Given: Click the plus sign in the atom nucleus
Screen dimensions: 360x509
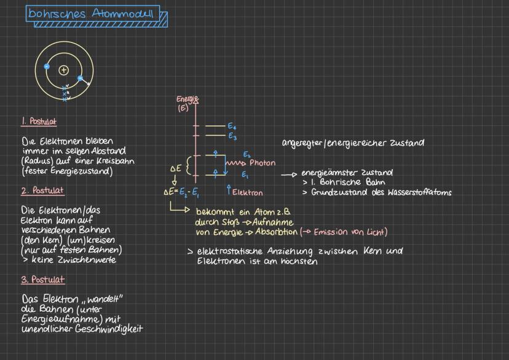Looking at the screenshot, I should coord(63,70).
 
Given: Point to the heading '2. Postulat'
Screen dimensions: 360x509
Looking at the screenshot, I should coord(42,190).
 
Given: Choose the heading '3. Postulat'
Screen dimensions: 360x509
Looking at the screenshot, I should coord(42,280).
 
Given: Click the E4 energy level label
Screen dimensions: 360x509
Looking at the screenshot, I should coord(232,126).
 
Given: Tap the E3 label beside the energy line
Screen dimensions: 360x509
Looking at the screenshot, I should coord(232,136).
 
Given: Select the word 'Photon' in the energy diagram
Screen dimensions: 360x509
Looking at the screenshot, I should coord(262,163).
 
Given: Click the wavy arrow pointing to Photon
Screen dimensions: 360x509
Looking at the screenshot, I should coord(236,163).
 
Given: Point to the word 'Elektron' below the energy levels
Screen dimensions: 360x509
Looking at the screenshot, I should coord(248,192).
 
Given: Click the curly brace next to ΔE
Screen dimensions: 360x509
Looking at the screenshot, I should coord(189,165).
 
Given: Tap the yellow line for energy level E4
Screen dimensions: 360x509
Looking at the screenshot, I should coord(215,125).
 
